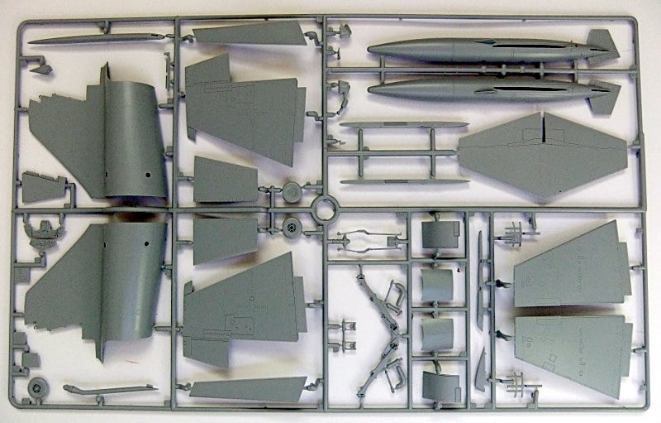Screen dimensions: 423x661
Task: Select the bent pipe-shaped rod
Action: (107, 389)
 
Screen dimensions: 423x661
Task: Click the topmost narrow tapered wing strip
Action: (248, 33)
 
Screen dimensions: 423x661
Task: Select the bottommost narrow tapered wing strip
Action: (248, 389)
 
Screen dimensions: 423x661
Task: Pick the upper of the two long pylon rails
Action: (403, 125)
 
